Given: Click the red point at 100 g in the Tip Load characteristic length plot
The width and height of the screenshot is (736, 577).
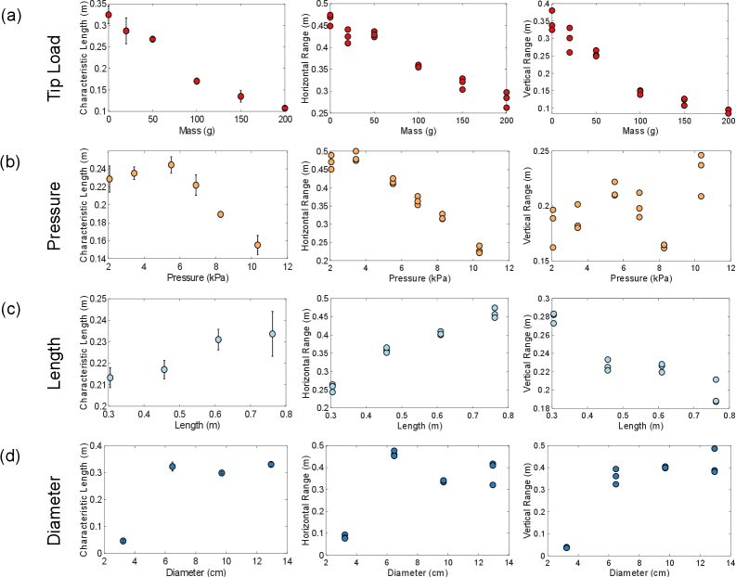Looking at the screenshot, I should click(x=197, y=82).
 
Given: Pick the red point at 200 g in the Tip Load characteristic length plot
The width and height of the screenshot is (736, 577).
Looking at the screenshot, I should click(x=285, y=109).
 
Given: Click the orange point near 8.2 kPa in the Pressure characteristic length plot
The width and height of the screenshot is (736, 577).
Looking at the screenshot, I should click(x=221, y=214).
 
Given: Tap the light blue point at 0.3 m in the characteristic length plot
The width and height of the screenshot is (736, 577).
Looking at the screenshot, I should click(x=110, y=378).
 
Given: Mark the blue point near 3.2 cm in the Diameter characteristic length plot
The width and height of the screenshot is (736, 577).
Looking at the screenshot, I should click(x=123, y=541).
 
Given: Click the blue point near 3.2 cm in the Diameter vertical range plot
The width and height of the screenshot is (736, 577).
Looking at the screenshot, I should click(x=566, y=547).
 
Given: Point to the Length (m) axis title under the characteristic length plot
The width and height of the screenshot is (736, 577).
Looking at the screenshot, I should click(x=197, y=426).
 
